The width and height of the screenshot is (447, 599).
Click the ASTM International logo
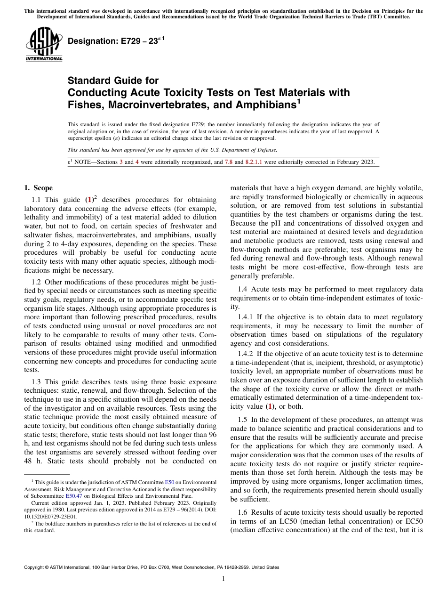point(43,43)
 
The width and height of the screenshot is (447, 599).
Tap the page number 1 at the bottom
point(223,579)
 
